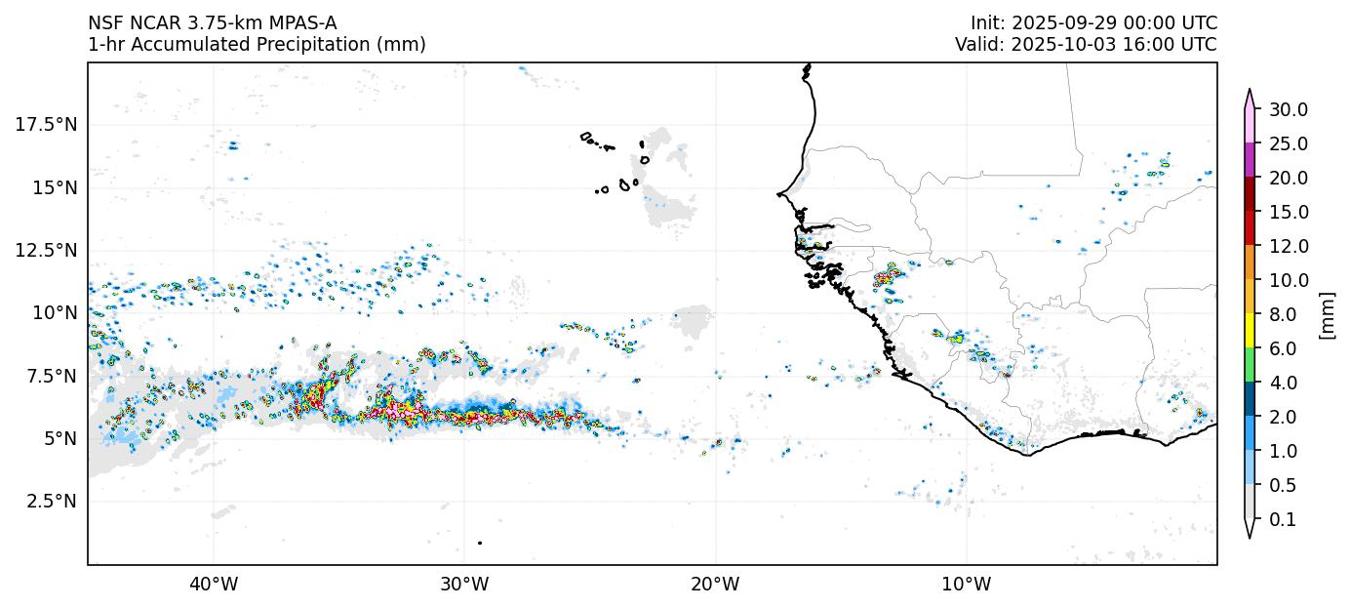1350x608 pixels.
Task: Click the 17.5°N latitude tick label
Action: coord(48,125)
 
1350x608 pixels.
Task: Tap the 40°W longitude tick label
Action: coord(214,585)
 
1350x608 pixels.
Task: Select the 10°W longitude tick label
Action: coord(967,585)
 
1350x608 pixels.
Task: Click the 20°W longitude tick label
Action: coord(715,585)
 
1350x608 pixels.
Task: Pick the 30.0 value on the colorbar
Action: coord(1288,109)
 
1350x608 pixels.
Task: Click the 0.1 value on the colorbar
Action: coord(1283,520)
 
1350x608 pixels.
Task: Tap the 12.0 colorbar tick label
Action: coord(1288,246)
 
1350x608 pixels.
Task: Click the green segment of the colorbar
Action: coord(1249,366)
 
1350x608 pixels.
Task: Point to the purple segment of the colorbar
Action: coord(1249,160)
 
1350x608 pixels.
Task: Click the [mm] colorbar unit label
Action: coord(1327,314)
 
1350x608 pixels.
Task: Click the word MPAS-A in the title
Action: coord(300,23)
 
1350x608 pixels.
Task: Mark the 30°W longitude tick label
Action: coord(464,585)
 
